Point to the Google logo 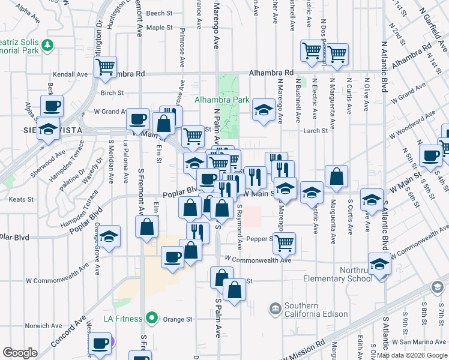click(x=20, y=353)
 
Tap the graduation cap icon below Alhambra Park click(x=263, y=109)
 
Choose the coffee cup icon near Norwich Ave click(x=100, y=344)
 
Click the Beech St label click(x=159, y=13)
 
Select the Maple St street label click(x=159, y=28)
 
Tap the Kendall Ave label click(x=70, y=74)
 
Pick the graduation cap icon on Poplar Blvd click(x=109, y=236)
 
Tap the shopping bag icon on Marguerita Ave click(x=337, y=176)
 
